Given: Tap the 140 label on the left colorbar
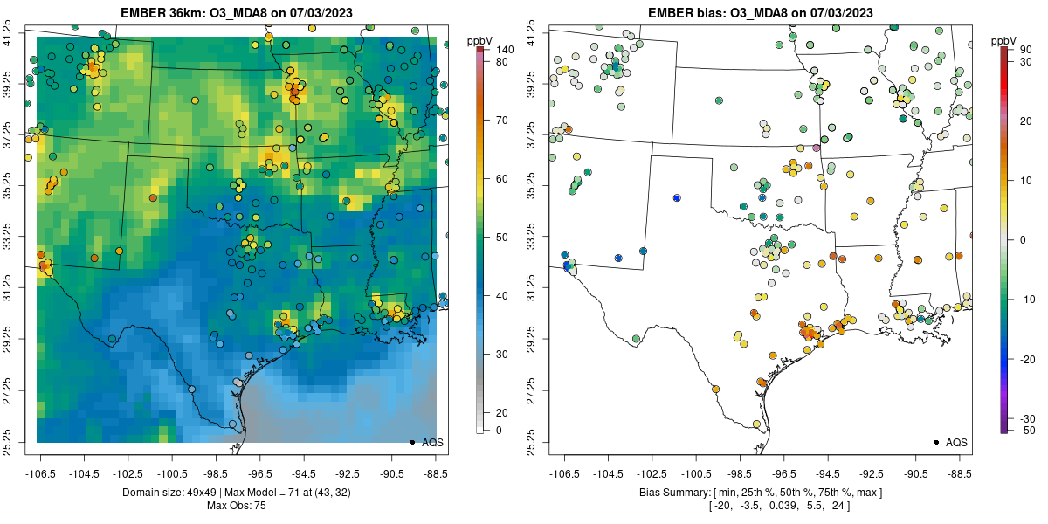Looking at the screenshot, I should [504, 50].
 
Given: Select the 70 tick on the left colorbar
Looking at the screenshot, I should [503, 121].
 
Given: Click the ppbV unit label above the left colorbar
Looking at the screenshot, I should [479, 39].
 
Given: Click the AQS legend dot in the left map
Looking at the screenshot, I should [412, 443].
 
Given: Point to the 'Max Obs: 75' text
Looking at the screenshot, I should [236, 506].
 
